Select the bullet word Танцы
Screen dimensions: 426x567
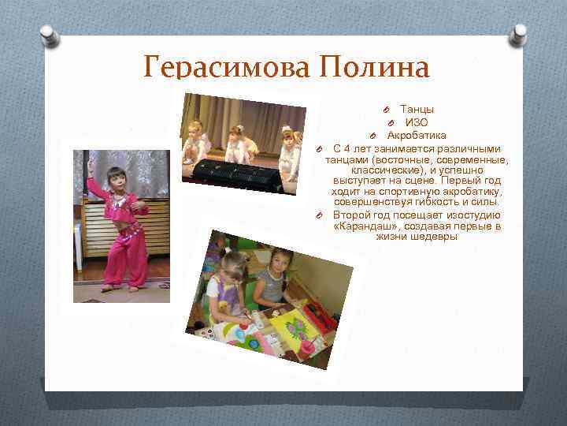pyautogui.click(x=417, y=109)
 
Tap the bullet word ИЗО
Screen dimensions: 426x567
pyautogui.click(x=417, y=122)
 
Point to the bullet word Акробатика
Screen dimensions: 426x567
pyautogui.click(x=416, y=136)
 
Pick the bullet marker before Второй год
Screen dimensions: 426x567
pyautogui.click(x=321, y=215)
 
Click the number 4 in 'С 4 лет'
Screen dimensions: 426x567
pyautogui.click(x=346, y=148)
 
